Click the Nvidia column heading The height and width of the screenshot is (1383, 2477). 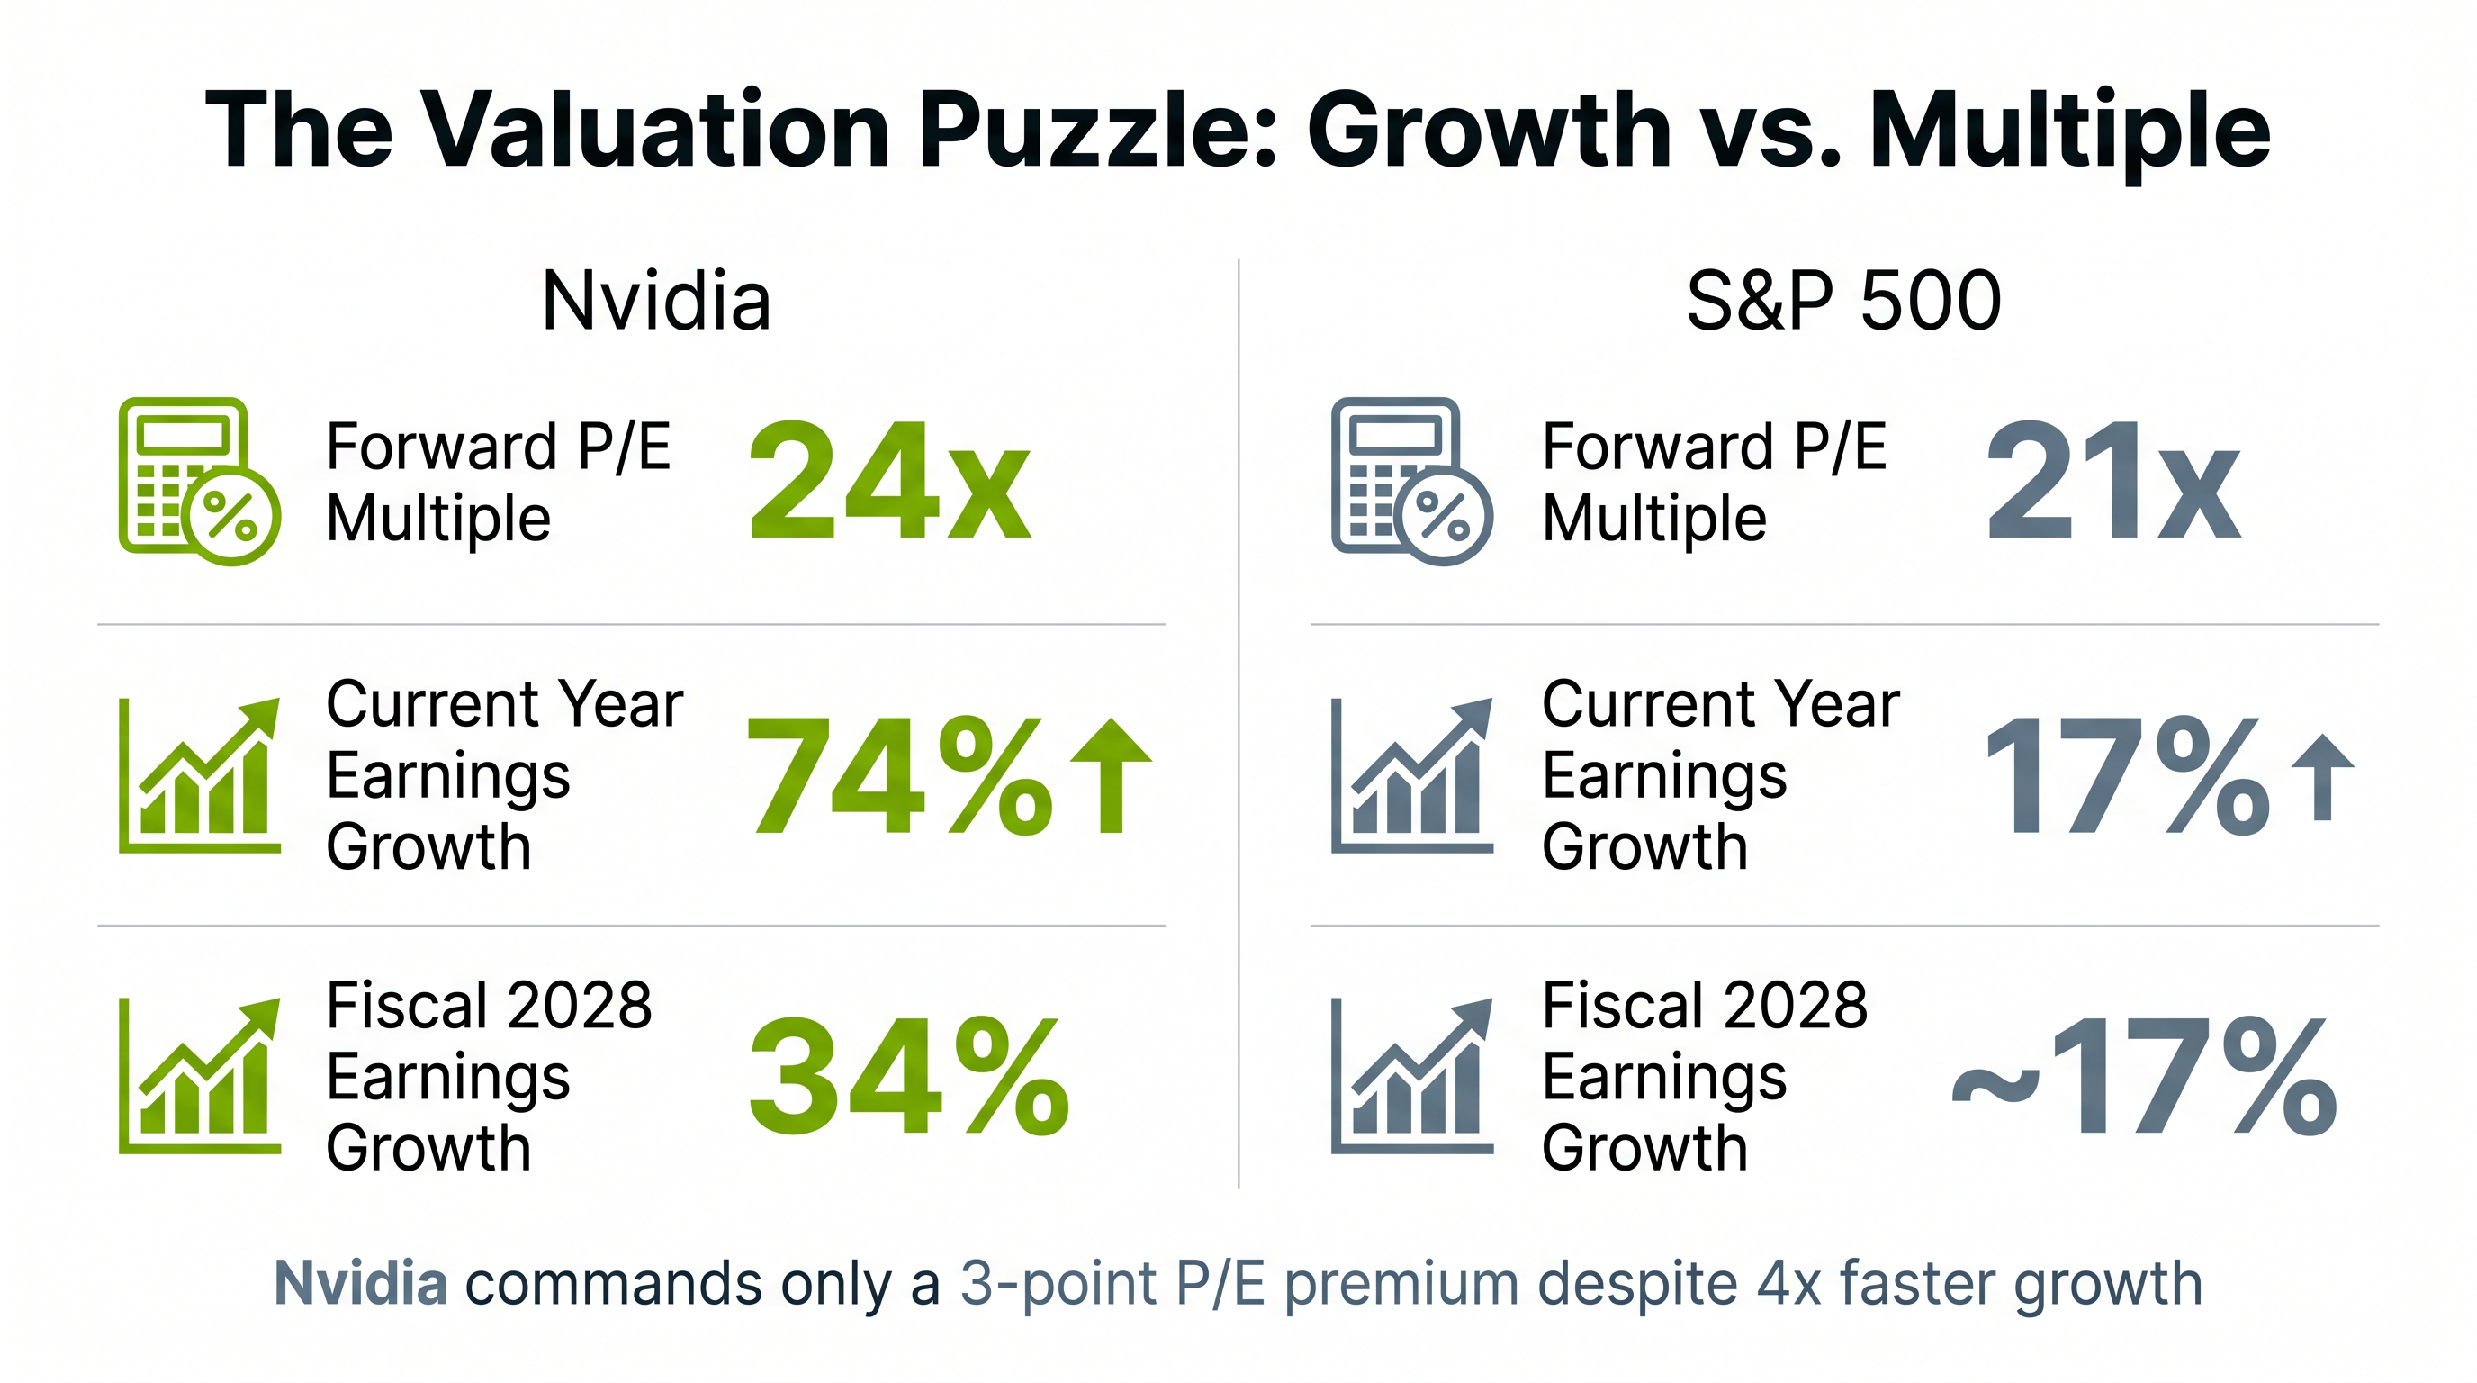click(x=656, y=301)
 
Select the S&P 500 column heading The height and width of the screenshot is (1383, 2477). click(x=1843, y=301)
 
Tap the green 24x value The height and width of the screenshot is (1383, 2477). click(x=889, y=482)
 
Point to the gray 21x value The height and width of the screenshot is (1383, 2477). click(x=2112, y=482)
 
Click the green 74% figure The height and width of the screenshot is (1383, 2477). click(x=899, y=775)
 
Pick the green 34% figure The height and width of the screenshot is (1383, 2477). click(x=909, y=1076)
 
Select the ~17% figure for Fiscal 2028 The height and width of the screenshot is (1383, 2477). click(x=2144, y=1076)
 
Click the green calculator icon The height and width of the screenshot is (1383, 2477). click(x=199, y=481)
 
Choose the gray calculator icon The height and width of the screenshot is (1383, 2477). click(x=1411, y=481)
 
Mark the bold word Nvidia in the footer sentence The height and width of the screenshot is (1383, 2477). click(x=361, y=1283)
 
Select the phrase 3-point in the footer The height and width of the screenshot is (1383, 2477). click(x=1058, y=1285)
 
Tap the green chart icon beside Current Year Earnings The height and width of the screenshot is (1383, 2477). click(x=199, y=775)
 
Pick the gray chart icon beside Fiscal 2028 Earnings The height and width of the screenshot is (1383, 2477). click(x=1411, y=1076)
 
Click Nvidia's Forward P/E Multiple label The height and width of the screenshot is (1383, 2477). click(x=498, y=482)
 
